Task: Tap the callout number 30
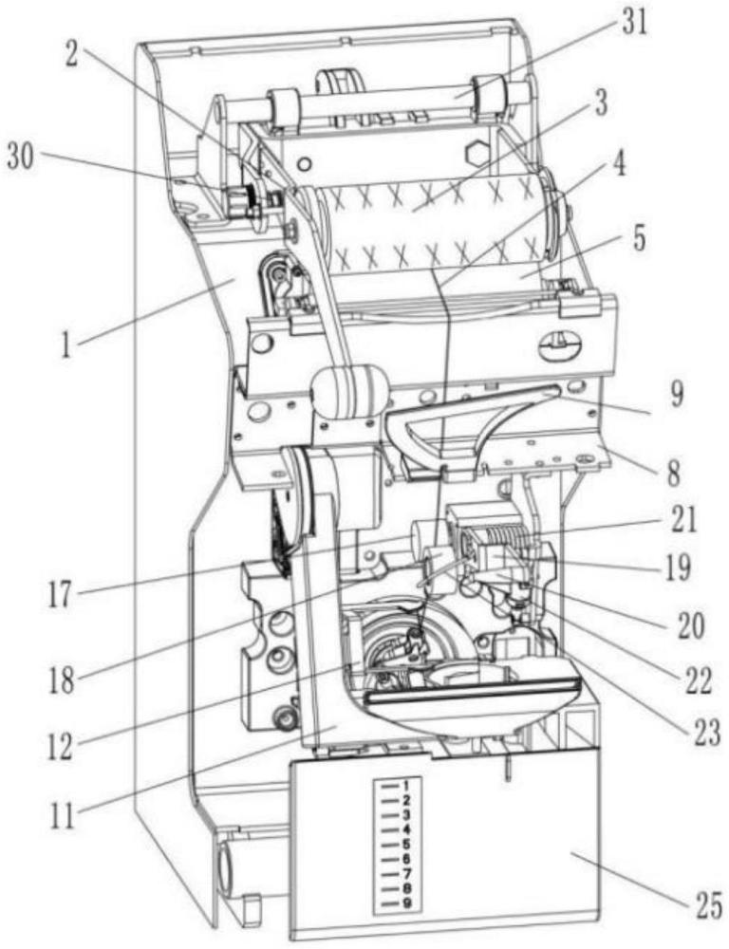pos(28,158)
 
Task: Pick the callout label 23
pos(703,729)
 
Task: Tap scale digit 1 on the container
pos(405,785)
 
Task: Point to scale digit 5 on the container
pos(405,845)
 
